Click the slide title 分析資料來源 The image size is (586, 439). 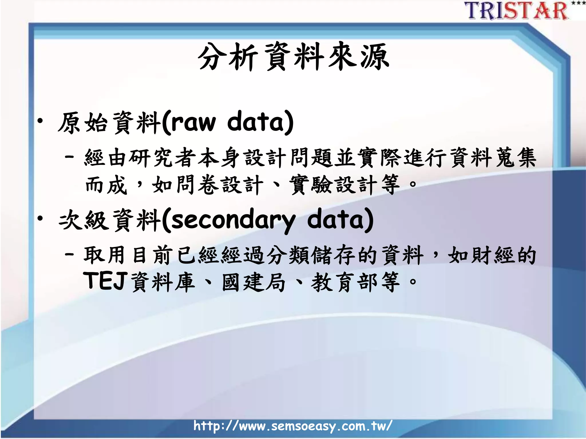pyautogui.click(x=293, y=57)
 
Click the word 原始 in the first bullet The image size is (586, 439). pyautogui.click(x=83, y=123)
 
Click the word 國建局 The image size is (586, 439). pyautogui.click(x=254, y=282)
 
